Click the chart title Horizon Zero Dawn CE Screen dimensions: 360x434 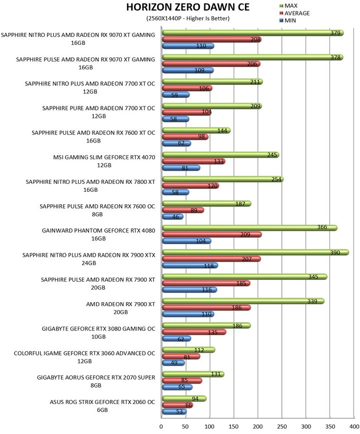[188, 7]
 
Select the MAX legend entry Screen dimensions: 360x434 [288, 5]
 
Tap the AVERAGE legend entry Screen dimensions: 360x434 [294, 13]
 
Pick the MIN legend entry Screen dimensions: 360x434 [287, 20]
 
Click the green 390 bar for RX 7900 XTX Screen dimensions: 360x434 [255, 252]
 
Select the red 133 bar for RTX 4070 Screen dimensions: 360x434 [193, 161]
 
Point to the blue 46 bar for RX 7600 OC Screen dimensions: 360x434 [172, 217]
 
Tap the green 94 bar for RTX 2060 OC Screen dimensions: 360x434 [184, 399]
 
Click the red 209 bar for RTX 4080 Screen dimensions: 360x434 [211, 234]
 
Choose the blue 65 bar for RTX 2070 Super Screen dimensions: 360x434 [177, 387]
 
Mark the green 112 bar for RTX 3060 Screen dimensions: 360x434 [188, 350]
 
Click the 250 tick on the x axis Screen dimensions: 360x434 [281, 427]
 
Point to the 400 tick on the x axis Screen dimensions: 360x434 [354, 427]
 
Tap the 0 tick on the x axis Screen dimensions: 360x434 [161, 427]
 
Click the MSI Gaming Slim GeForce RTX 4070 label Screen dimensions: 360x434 [104, 161]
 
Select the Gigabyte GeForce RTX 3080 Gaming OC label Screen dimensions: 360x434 [98, 333]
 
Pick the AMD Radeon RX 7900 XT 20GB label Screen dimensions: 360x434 [120, 308]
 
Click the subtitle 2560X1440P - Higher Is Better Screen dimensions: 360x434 [188, 18]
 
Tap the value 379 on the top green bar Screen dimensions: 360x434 [335, 32]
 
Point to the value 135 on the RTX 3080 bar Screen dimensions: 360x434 [213, 332]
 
